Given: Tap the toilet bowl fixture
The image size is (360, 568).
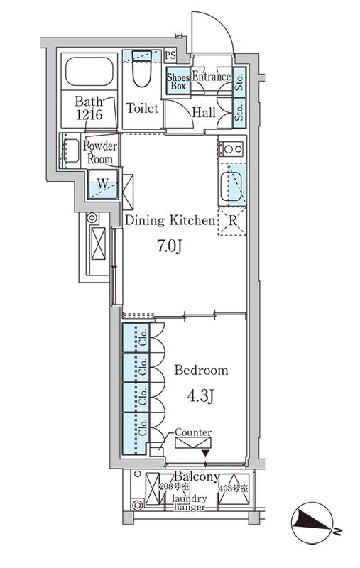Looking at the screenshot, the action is point(141,69).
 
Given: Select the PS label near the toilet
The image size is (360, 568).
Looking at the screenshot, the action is point(170,55).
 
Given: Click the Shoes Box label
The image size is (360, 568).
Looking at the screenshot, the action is point(178,82).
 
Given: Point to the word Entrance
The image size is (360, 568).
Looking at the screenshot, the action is point(211,77).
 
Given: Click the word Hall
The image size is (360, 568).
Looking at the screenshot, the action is point(204,112).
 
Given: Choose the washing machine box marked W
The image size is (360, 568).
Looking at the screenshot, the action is point(103,184).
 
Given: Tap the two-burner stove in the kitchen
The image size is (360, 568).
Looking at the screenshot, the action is point(232,148).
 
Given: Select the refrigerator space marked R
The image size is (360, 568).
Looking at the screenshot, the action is point(232,221).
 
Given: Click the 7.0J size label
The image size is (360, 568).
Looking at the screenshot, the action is point(169,246).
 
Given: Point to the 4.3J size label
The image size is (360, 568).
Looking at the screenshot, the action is point(200,396).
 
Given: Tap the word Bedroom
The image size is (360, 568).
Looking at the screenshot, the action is point(202,370).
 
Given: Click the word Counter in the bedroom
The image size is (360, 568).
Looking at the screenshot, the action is point(193,432).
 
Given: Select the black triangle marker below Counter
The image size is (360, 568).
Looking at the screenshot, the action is point(206,453).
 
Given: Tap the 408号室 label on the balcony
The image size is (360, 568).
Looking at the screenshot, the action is point(234,488).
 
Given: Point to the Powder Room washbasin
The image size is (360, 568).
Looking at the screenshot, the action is point(70,151).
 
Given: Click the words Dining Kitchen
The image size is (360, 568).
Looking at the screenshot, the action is point(170,220).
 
